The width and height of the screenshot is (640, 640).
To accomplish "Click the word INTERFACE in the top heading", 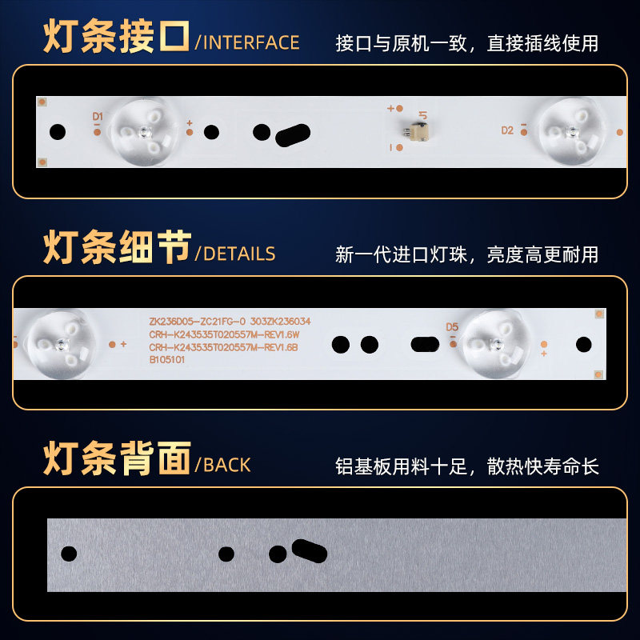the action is pos(251,43).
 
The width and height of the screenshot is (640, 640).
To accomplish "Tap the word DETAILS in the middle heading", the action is pos(239,254).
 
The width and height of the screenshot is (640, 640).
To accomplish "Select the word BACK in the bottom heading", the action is pos(227,465).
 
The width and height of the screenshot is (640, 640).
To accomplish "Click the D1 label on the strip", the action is pos(98,116).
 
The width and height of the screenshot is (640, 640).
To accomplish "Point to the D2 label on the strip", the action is pos(507,130).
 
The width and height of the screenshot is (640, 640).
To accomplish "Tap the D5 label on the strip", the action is pos(452,327).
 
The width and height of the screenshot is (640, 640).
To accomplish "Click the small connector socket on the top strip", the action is pos(416,132).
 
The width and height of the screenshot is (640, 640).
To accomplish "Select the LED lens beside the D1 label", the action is pos(145,132).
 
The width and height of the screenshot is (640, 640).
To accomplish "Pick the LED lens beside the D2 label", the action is pos(572,131).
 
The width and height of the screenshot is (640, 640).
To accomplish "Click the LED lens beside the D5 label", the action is pos(496,344).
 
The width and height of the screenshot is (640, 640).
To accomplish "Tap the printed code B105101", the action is pos(167,359).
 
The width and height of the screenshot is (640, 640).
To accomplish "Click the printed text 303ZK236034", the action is pos(281,322).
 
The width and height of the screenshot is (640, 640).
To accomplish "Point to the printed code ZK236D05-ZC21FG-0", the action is pos(197,322).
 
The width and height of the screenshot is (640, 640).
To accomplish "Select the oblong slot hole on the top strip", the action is pos(293,135).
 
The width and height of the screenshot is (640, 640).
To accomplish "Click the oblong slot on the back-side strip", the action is pos(310,551).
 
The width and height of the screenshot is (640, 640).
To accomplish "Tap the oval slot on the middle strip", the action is pos(425,344).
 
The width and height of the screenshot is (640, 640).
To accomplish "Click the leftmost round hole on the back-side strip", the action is pos(69,554).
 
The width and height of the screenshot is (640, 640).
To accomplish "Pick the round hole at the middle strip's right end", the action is pos(584,344).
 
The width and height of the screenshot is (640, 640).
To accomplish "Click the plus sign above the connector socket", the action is pos(390,108).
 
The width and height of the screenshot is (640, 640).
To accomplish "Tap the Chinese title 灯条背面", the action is pos(117,458).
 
